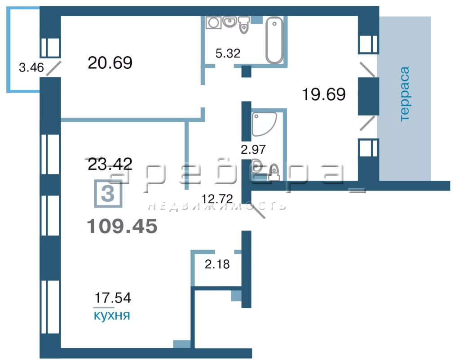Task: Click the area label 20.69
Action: tap(110, 62)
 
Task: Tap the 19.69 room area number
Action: tap(324, 94)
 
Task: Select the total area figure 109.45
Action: tap(122, 226)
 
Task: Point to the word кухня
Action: tap(112, 316)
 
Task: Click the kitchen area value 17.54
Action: tap(113, 298)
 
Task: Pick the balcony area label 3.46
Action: tap(31, 67)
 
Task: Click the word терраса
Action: tap(404, 93)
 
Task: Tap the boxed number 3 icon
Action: tap(108, 194)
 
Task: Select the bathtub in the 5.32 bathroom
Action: tap(274, 40)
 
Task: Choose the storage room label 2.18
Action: tap(217, 264)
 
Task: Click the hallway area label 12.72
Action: tap(217, 199)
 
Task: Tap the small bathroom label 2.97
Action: tap(253, 149)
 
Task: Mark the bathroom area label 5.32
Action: tap(228, 53)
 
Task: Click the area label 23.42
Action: tap(110, 164)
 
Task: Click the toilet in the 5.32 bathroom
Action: tap(244, 25)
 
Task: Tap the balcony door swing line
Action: tap(54, 68)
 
